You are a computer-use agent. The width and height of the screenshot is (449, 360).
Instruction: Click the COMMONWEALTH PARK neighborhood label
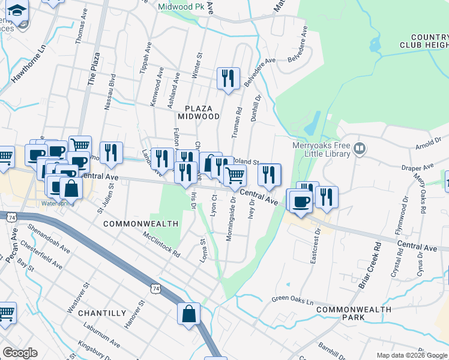click(x=354, y=313)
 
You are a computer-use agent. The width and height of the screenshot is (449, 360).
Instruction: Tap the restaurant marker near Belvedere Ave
click(x=228, y=79)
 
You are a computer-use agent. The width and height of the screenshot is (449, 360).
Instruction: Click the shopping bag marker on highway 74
click(x=189, y=314)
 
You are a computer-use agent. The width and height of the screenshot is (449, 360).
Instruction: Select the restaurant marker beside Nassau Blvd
click(x=111, y=153)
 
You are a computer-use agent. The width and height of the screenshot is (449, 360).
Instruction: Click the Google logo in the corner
click(x=20, y=353)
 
